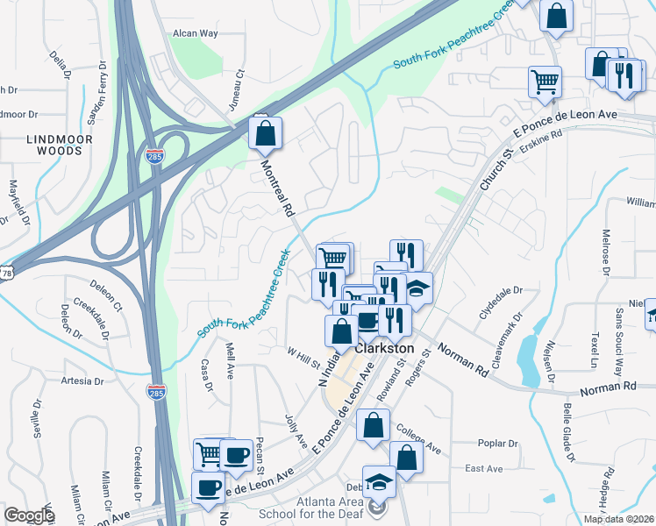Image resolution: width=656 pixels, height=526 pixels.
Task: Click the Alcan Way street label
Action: [x=195, y=33]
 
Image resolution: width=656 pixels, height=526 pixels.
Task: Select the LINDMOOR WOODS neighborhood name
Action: [x=54, y=145]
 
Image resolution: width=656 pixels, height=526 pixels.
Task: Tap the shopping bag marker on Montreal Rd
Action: [x=265, y=134]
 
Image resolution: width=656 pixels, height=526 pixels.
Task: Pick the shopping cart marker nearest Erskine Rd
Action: [x=545, y=82]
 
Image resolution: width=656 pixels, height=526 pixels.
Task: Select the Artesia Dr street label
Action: [x=82, y=381]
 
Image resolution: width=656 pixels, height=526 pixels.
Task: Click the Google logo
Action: [x=29, y=515]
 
